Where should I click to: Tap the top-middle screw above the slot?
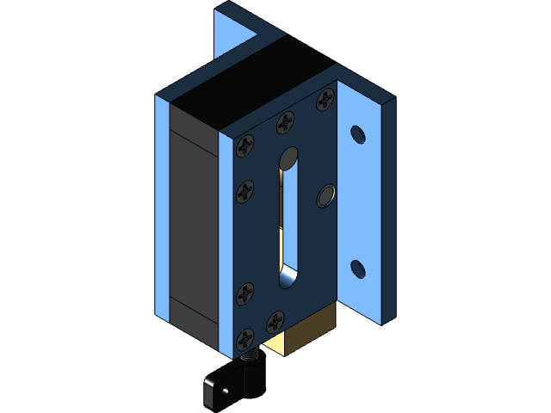[x=285, y=125]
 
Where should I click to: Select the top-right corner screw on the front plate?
[x=325, y=99]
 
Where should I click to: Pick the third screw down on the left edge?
[x=245, y=295]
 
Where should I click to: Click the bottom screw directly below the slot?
[x=276, y=320]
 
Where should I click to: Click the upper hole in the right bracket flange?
[x=357, y=135]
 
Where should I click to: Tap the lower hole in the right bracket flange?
[x=357, y=269]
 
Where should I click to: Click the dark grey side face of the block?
[x=193, y=224]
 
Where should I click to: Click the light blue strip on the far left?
[x=161, y=206]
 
